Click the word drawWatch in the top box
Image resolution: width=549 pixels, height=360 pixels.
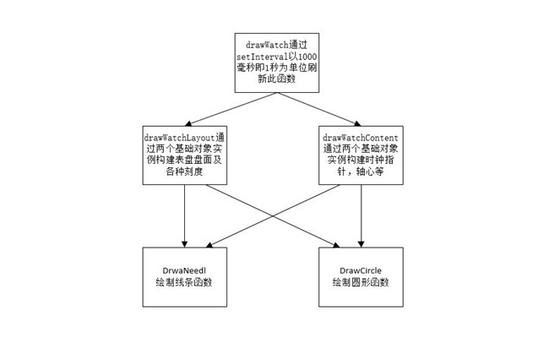tap(267, 45)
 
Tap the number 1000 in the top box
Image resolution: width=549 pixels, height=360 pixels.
tap(307, 57)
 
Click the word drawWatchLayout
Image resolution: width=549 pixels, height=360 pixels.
tap(180, 138)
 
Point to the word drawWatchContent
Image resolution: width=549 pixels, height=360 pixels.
tap(361, 138)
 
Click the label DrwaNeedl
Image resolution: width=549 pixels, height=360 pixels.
tap(184, 270)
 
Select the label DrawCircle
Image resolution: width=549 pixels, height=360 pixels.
tap(361, 270)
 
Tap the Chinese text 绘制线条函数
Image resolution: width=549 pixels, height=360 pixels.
tap(184, 282)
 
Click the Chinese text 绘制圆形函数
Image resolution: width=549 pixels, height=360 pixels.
tap(361, 282)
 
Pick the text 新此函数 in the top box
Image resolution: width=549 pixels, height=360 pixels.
tap(276, 79)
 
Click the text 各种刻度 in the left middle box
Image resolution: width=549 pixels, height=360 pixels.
tap(184, 172)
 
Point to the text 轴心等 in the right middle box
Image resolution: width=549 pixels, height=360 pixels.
tap(370, 172)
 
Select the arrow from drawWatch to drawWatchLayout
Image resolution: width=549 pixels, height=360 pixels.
tap(231, 109)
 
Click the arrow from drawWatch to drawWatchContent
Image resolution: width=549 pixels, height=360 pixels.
tap(319, 109)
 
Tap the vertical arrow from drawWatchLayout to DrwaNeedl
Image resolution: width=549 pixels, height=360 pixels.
tap(184, 216)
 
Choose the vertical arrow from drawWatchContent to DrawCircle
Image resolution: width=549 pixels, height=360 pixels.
tap(361, 216)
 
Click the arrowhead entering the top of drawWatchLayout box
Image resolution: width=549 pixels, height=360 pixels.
tap(188, 123)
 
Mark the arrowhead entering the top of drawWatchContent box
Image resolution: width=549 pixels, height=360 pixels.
tap(357, 123)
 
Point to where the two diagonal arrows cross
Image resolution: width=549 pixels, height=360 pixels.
tap(273, 215)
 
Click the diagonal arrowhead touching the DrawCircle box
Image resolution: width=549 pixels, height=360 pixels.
tap(336, 245)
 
